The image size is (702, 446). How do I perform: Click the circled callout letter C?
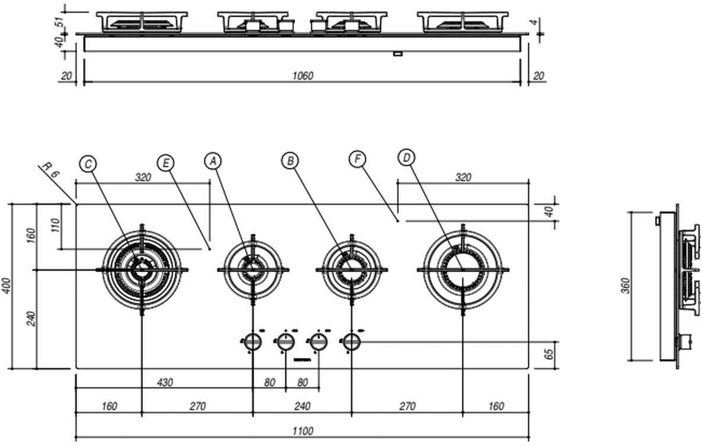coord(88,164)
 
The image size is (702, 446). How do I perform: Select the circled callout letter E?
coord(167,163)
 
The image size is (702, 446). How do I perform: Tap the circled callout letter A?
coord(213,161)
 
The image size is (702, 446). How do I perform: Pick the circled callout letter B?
coord(290,160)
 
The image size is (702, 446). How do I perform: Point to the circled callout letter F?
coord(358,159)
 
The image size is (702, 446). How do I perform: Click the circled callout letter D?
coord(406,158)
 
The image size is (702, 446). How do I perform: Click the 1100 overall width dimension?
coord(302,432)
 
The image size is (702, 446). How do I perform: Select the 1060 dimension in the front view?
coord(302,75)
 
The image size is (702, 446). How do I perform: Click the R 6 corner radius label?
coord(52,171)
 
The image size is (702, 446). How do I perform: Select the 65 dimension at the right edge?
coord(549,354)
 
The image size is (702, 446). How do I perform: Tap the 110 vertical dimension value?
coord(56,226)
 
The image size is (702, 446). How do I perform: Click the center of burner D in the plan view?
coord(462,269)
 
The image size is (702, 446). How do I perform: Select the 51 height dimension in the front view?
coord(59,22)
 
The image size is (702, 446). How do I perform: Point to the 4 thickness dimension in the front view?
coord(535,23)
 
